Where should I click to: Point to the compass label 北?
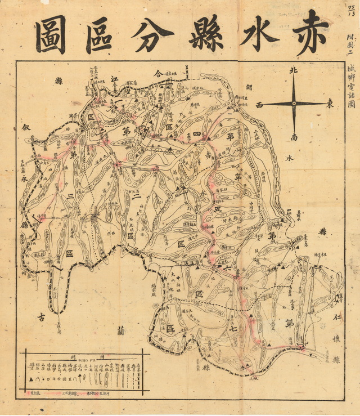point(292,71)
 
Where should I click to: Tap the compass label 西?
point(259,105)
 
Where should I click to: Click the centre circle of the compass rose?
point(294,104)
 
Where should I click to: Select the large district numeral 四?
point(197,134)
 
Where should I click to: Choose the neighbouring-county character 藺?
point(120,330)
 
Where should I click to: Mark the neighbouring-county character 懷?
point(336,341)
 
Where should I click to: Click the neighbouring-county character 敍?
point(25,127)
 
